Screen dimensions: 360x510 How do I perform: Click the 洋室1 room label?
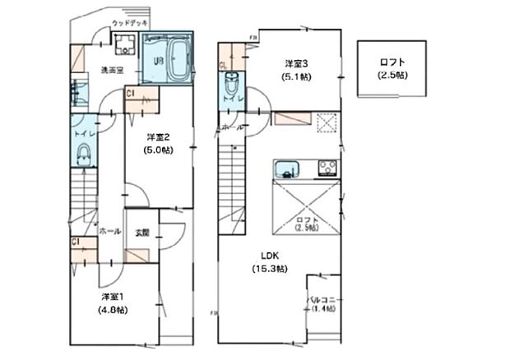coord(114,296)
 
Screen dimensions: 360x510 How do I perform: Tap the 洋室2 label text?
coord(158,136)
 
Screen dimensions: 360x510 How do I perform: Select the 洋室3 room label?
coord(297,63)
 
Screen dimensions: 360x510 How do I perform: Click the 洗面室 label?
coord(112,71)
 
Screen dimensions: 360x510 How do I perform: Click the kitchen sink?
coord(286,170)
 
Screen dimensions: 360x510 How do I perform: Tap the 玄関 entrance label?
coord(141,233)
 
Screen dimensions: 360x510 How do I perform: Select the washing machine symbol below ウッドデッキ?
coord(127,45)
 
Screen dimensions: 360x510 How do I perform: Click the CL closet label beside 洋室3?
coord(223,65)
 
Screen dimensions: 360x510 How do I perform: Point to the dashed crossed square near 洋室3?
coord(327,122)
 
